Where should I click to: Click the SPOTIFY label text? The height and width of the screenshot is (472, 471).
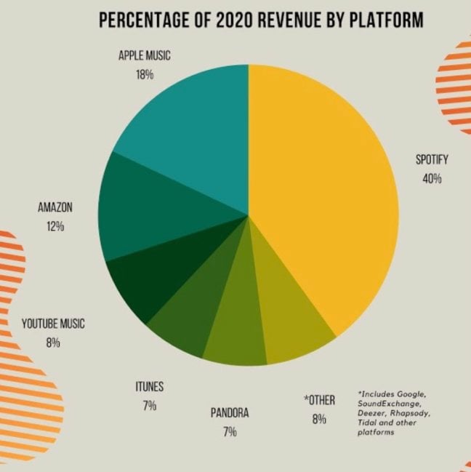click(x=430, y=159)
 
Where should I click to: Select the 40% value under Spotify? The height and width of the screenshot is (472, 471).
click(x=430, y=177)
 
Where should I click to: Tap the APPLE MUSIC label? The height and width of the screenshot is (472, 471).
click(x=144, y=56)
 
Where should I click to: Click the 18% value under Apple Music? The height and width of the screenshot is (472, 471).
click(x=144, y=74)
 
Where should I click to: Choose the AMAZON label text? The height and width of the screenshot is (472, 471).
click(x=55, y=208)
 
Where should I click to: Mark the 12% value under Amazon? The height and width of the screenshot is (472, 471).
click(x=55, y=226)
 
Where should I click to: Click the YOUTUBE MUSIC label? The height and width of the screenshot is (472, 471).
click(x=53, y=324)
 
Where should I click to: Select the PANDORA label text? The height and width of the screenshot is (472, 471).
click(x=230, y=413)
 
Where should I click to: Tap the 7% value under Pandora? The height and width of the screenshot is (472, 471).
click(x=230, y=431)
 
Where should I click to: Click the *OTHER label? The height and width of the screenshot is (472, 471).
click(x=319, y=401)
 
